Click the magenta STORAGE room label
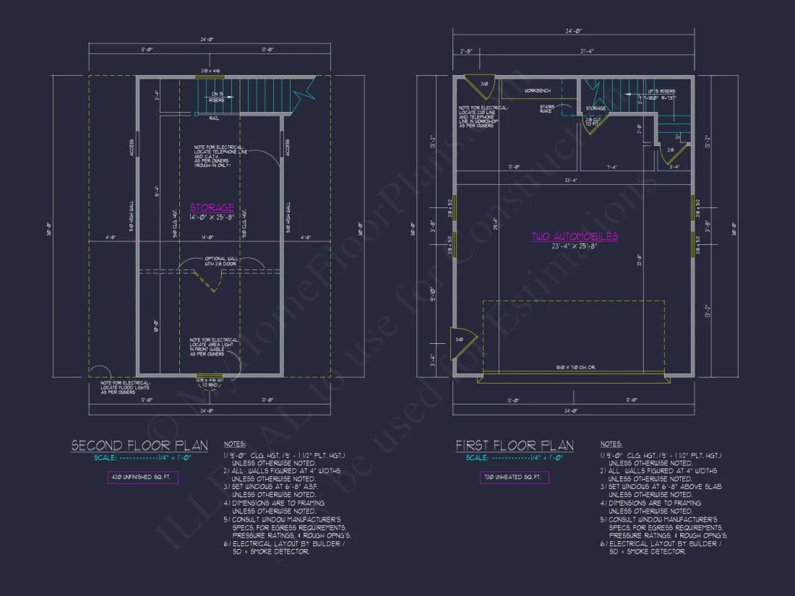coord(212,208)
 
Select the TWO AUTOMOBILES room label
coord(575,236)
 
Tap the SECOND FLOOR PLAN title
coord(139,446)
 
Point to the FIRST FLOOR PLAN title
coord(514,446)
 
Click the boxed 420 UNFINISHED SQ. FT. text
coord(138,478)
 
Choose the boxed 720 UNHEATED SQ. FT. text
coord(514,478)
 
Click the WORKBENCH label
coord(538,91)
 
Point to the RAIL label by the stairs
coord(214,118)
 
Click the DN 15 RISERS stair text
coord(216,98)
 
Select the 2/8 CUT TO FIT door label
coord(593,121)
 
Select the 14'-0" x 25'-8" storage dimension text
coord(212,217)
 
